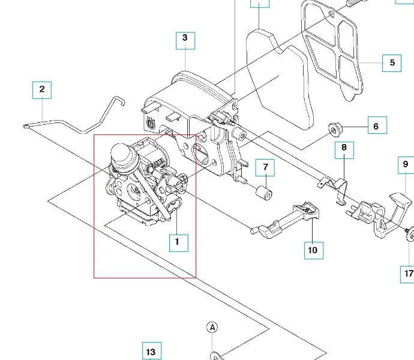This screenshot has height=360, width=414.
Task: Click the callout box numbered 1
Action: [x=178, y=242]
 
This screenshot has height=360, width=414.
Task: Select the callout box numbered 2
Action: [x=42, y=90]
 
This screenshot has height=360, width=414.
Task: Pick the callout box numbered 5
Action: [x=392, y=62]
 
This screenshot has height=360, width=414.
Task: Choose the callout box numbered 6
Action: [x=376, y=126]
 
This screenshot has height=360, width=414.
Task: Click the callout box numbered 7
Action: [x=265, y=167]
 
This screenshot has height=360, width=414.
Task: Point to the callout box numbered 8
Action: [x=344, y=149]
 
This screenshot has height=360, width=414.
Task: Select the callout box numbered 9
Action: [x=405, y=164]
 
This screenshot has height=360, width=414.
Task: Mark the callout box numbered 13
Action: [x=151, y=352]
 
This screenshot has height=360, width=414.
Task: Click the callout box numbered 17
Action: [x=407, y=274]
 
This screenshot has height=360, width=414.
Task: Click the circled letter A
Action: [x=212, y=327]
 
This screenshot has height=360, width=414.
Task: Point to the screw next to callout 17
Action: [x=410, y=235]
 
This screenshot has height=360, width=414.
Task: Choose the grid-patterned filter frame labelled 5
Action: [x=333, y=51]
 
